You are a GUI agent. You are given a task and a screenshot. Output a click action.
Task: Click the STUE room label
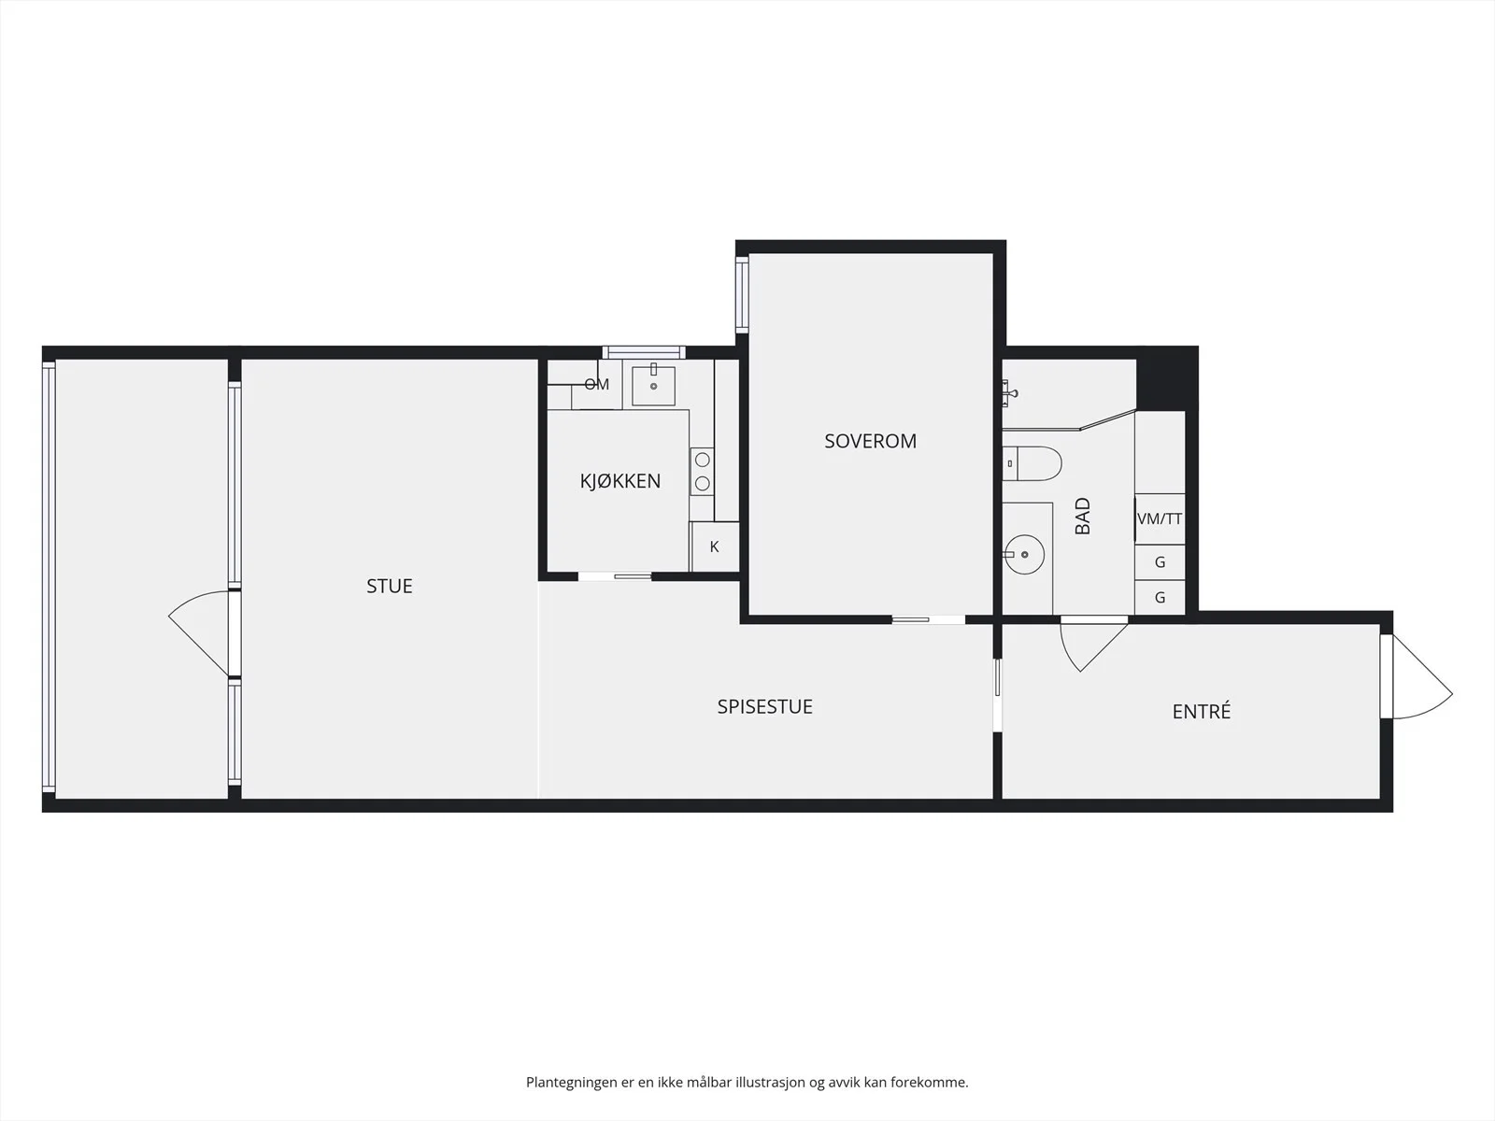click(389, 586)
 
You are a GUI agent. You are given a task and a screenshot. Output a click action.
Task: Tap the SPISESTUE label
click(765, 706)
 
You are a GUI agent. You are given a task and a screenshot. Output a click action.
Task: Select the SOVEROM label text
click(871, 441)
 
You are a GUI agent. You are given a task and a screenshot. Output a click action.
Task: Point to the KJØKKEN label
click(619, 480)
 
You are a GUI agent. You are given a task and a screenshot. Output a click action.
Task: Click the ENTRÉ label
click(1202, 711)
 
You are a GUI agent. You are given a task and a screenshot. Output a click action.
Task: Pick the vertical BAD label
click(1082, 516)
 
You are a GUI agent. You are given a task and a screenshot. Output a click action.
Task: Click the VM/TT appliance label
click(1160, 518)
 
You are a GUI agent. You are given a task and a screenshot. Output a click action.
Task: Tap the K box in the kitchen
click(715, 546)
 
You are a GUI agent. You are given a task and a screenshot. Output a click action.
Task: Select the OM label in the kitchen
click(597, 385)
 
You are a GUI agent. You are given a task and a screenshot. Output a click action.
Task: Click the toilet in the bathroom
click(1032, 463)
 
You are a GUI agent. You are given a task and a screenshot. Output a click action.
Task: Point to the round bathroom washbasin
click(1024, 554)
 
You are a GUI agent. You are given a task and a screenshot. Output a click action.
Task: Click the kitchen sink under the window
click(653, 385)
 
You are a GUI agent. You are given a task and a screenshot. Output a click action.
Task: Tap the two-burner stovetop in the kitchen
click(703, 472)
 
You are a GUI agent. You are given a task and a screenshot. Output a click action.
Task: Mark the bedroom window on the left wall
click(742, 294)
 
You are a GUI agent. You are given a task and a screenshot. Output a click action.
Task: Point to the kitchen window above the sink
click(644, 352)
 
